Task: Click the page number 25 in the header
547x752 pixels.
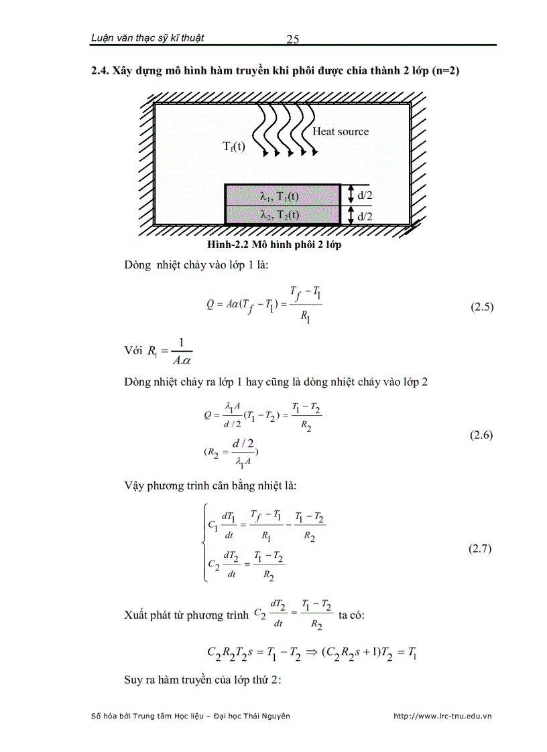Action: click(292, 39)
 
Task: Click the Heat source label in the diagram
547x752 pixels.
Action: click(340, 131)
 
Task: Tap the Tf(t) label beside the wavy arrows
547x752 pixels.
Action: click(235, 147)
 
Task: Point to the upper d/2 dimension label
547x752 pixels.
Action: click(365, 195)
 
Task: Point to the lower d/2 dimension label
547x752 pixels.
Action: click(365, 216)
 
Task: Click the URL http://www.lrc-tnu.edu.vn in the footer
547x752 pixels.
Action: click(442, 716)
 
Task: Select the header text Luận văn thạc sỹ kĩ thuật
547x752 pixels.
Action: click(147, 38)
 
